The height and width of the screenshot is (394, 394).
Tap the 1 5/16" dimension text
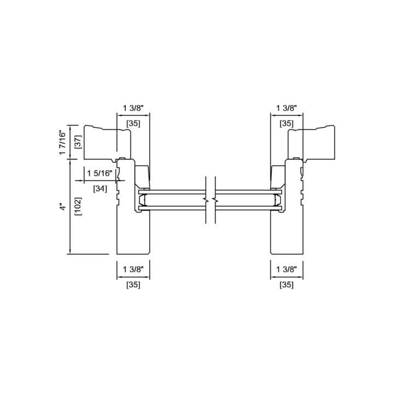(x=100, y=173)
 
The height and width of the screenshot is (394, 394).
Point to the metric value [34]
(x=100, y=189)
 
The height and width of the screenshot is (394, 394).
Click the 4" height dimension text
(x=63, y=208)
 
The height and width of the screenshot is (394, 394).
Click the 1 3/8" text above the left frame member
(x=133, y=108)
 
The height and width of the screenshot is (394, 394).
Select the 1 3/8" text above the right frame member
(x=287, y=108)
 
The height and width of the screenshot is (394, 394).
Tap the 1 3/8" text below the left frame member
(x=133, y=269)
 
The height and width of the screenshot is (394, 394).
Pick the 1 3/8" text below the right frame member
(x=287, y=269)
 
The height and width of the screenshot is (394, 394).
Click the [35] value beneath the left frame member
(x=133, y=285)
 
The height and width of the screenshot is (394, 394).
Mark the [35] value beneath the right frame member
(x=287, y=285)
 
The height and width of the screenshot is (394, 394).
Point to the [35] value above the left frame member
(x=133, y=123)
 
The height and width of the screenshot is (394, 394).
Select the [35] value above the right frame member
(x=287, y=123)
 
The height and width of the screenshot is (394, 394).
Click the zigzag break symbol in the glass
(x=211, y=199)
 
